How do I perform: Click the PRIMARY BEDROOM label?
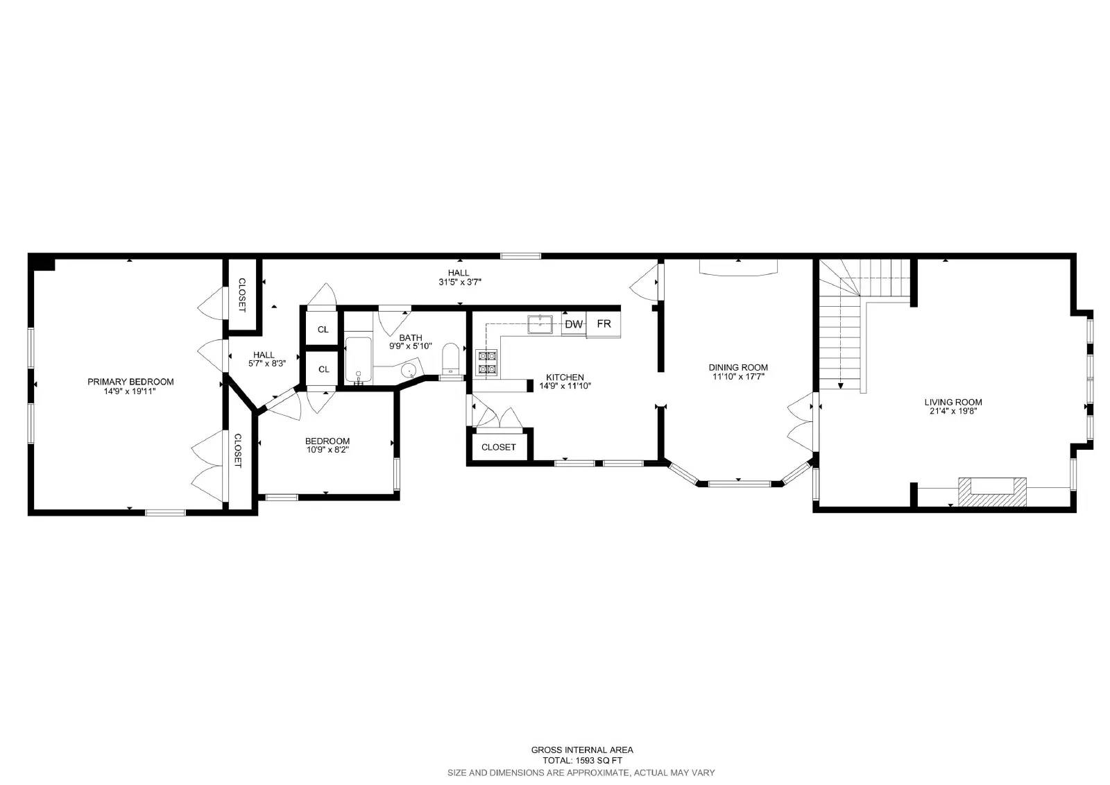click(x=130, y=382)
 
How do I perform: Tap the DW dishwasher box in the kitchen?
click(x=574, y=324)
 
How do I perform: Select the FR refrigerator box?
click(x=604, y=324)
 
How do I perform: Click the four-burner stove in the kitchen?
click(x=486, y=362)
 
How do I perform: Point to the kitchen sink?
click(x=540, y=323)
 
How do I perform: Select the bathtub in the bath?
click(x=359, y=360)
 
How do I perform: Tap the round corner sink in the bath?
click(x=409, y=370)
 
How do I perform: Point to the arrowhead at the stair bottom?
click(x=840, y=385)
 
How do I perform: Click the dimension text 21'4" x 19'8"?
click(x=953, y=411)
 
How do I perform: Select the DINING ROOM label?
click(x=738, y=367)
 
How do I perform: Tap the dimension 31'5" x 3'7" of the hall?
click(x=459, y=282)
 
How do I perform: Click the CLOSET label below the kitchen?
click(x=498, y=447)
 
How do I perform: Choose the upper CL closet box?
click(x=323, y=329)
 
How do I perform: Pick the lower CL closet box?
click(x=323, y=369)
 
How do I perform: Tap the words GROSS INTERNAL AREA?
click(x=581, y=750)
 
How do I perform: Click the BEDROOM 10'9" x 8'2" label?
click(x=327, y=445)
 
